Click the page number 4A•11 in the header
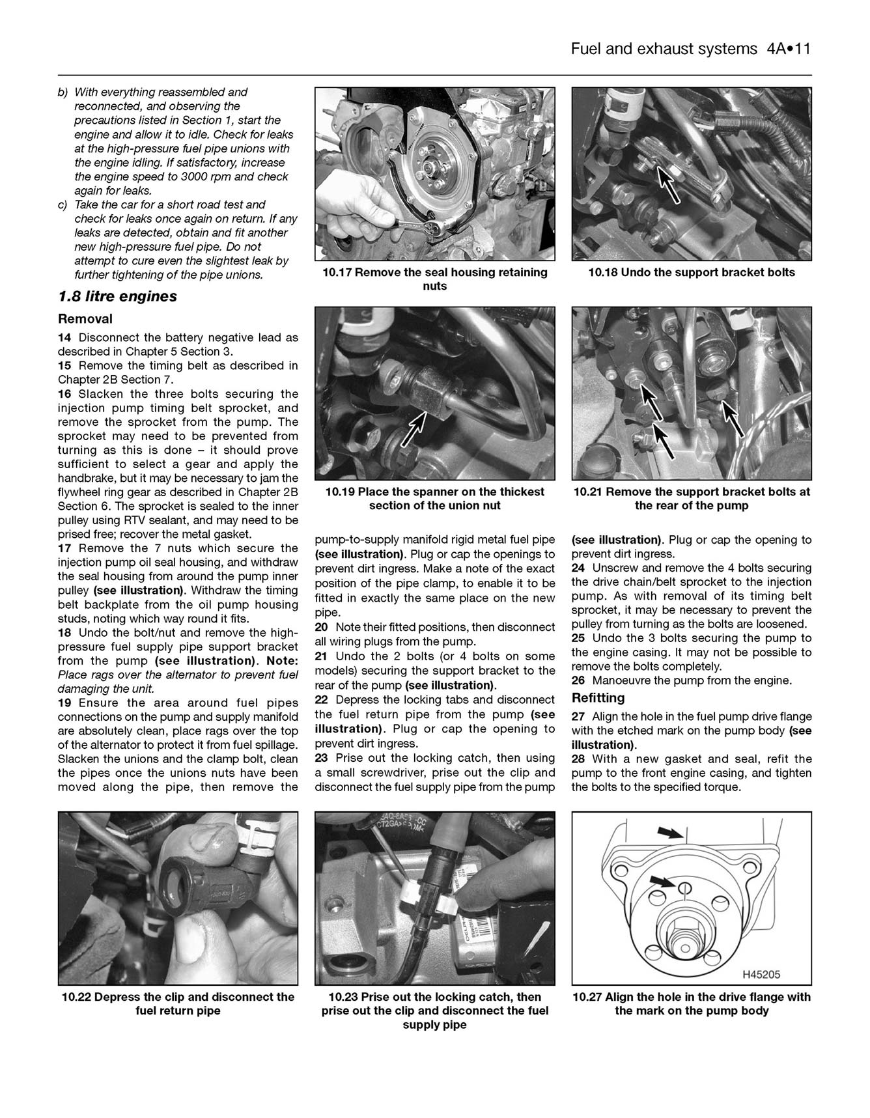[x=784, y=49]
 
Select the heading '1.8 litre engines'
[x=117, y=296]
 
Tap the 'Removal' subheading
[x=85, y=319]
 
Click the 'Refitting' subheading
[x=598, y=698]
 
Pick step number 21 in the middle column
[x=322, y=656]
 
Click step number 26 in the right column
[x=578, y=680]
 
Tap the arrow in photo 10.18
[x=670, y=185]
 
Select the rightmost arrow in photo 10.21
[x=734, y=417]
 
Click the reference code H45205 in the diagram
[x=761, y=975]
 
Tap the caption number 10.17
[x=337, y=272]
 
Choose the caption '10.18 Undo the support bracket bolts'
[x=691, y=272]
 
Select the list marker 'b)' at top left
[x=63, y=92]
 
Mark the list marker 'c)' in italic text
[x=63, y=204]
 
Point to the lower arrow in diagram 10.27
[x=663, y=882]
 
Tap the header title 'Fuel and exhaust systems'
[x=663, y=49]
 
